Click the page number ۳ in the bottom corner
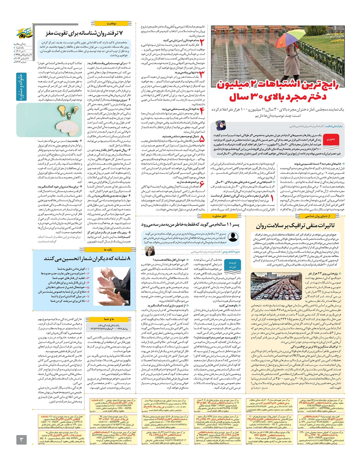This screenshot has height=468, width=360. (21, 440)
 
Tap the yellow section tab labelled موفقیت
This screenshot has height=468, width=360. (112, 23)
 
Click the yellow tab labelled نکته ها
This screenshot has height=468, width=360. (108, 249)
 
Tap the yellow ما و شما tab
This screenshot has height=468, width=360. (109, 319)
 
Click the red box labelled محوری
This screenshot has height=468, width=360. (331, 139)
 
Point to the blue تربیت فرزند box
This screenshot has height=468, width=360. (232, 265)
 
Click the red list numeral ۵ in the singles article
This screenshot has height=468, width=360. (202, 139)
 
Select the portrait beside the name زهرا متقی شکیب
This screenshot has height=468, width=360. (221, 126)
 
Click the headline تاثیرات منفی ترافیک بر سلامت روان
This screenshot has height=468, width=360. (295, 226)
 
